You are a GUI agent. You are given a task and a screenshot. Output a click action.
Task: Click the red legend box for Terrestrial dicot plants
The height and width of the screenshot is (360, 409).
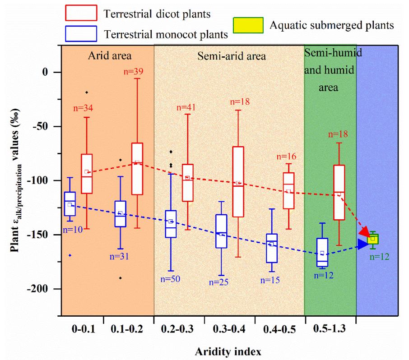point(81,13)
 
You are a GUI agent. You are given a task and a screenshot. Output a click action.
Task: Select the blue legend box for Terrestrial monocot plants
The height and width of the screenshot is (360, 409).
point(81,33)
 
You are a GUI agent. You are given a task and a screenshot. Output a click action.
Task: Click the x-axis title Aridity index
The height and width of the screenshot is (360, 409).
point(228,351)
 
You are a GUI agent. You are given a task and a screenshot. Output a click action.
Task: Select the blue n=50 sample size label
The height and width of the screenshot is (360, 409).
point(170,278)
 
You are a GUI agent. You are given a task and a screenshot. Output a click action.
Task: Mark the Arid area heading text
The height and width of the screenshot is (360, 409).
point(109,56)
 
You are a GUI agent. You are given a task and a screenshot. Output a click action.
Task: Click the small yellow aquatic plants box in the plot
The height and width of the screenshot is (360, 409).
point(373,239)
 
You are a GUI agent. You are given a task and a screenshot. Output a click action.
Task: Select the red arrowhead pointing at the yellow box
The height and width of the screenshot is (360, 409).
point(364,233)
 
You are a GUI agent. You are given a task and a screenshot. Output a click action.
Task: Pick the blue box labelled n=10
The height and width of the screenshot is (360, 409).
point(70,203)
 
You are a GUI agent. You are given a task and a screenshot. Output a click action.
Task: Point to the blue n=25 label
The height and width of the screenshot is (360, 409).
point(219,282)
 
